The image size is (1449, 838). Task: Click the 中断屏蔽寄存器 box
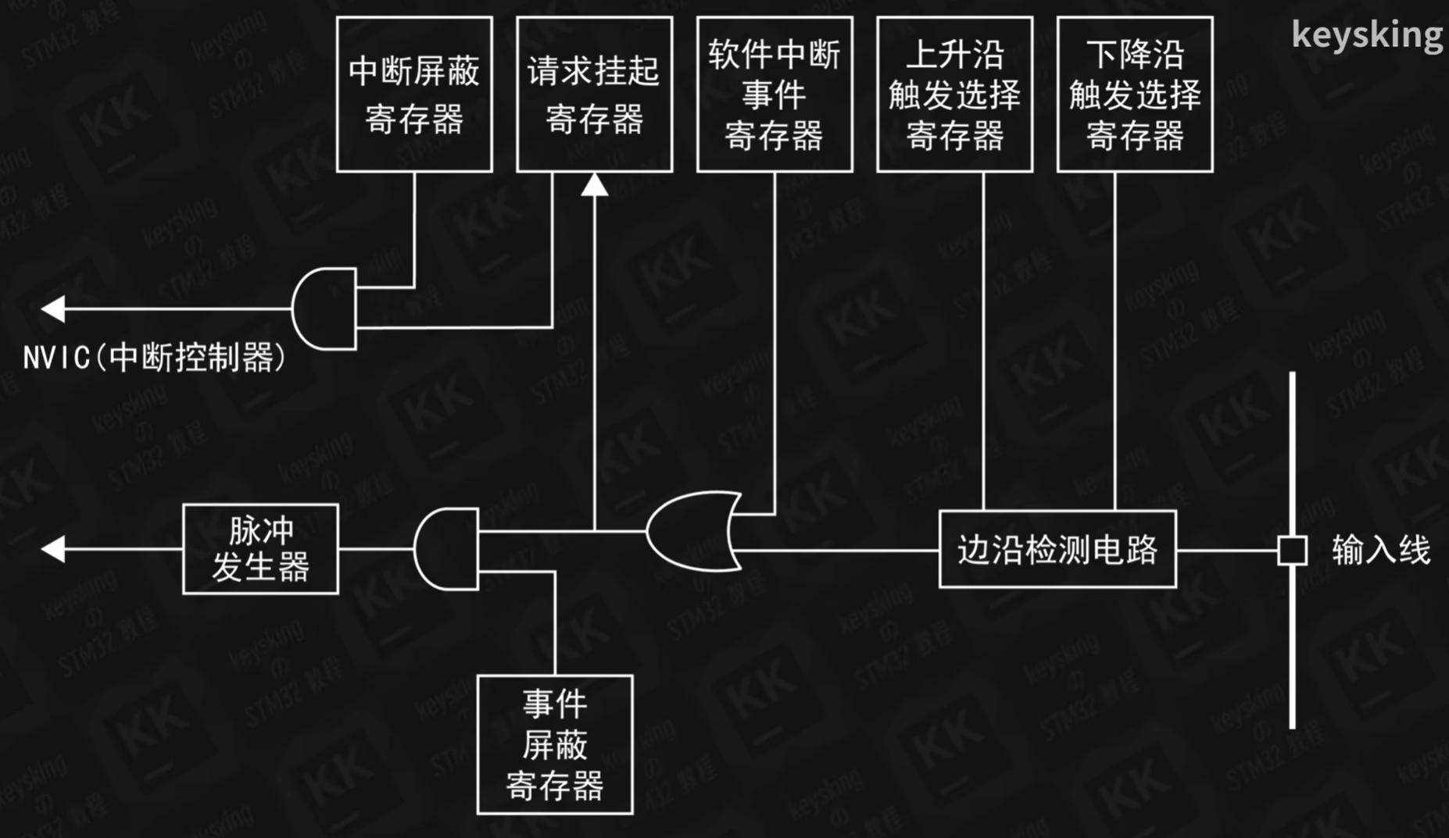coord(414,94)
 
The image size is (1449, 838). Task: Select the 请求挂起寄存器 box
coord(594,94)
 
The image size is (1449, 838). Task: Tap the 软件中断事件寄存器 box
coord(775,94)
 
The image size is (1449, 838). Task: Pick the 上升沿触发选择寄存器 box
coord(954,94)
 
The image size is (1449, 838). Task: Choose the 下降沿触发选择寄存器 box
coord(1135,94)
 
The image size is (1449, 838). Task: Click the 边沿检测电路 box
coord(1057,549)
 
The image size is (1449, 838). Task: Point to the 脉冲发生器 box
coord(260,549)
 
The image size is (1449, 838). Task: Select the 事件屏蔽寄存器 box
coord(555,744)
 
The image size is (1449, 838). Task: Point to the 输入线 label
coord(1381,550)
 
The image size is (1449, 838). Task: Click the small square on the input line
coord(1292,550)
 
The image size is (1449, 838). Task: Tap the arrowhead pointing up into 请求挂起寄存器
coord(595,184)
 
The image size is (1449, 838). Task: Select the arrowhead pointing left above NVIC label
coord(53,308)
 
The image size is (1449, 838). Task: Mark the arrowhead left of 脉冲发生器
coord(53,549)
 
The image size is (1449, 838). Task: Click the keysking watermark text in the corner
coord(1366,35)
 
